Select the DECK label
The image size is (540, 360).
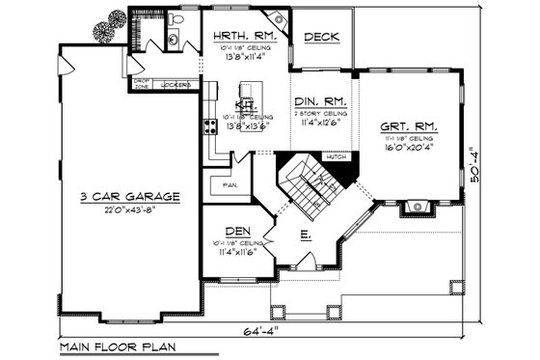(320, 37)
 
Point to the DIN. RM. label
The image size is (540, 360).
(323, 99)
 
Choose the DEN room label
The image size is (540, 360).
(235, 230)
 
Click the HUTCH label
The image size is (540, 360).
(336, 155)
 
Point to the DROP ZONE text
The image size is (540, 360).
(142, 85)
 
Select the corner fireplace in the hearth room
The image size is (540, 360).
(280, 18)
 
